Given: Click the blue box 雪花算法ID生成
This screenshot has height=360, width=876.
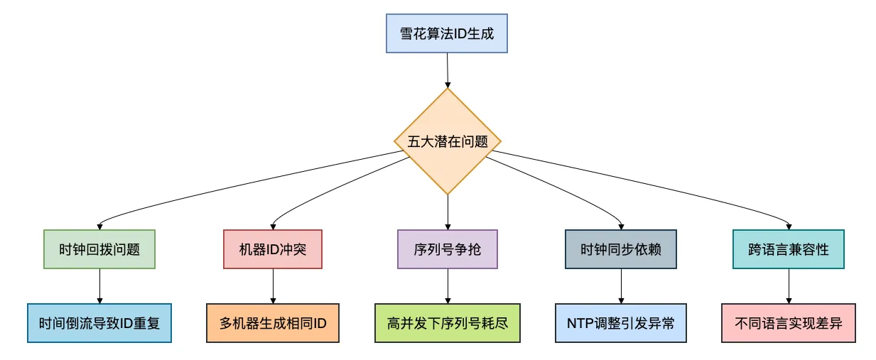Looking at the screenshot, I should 447,34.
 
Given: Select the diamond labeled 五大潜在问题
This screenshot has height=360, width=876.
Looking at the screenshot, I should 448,141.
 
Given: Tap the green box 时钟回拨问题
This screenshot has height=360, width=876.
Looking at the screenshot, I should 99,249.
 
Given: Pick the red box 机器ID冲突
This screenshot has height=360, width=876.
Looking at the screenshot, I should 273,249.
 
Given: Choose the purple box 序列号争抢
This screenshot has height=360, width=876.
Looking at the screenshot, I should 448,249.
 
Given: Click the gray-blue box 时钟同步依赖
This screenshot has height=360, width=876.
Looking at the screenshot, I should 621,249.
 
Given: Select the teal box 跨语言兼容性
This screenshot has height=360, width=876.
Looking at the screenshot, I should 789,249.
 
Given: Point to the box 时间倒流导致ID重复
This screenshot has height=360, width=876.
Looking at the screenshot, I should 99,323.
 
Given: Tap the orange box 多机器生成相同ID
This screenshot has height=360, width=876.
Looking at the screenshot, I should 273,323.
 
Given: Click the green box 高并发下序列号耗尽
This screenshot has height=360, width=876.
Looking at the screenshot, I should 448,323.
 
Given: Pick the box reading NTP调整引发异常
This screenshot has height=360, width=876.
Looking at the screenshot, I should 621,323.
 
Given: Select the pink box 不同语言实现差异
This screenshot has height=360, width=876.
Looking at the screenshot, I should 789,323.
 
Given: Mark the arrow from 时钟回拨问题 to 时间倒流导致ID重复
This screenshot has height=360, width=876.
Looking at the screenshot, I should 99,285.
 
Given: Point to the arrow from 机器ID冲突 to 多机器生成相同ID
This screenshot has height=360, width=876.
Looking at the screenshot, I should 273,285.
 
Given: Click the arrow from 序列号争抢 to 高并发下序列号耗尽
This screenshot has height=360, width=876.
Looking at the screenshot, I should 448,285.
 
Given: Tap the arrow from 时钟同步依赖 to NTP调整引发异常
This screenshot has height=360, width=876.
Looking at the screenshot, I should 621,285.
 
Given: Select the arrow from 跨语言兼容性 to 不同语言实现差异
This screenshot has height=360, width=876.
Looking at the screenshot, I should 789,285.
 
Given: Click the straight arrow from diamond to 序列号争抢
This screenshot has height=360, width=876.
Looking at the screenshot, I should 448,212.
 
